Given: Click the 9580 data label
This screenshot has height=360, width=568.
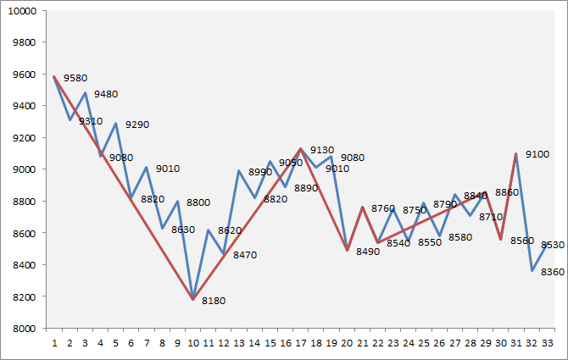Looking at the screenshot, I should (75, 78).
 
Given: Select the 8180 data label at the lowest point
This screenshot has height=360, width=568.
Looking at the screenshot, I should (214, 300).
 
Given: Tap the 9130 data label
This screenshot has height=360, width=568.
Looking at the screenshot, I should (322, 150).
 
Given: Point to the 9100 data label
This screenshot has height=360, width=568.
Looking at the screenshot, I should (537, 154).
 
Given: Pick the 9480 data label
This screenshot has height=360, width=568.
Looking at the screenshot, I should (106, 94).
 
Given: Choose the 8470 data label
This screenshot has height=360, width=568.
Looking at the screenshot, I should (245, 254).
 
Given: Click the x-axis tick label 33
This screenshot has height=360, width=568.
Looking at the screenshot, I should (549, 344).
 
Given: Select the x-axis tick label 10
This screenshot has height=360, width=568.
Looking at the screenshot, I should (193, 344).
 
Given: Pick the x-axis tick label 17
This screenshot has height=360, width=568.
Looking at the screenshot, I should (301, 344).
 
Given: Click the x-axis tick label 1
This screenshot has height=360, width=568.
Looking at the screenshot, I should (54, 344).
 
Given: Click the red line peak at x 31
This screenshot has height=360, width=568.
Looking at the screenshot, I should (516, 153).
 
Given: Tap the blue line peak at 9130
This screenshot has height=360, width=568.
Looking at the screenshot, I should (301, 148).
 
